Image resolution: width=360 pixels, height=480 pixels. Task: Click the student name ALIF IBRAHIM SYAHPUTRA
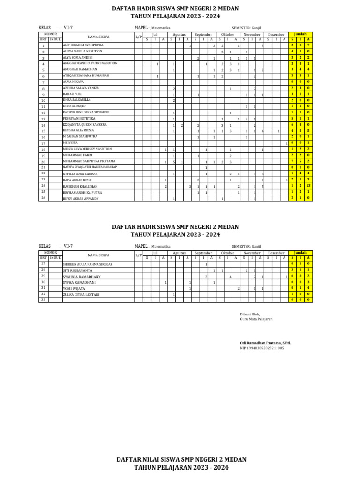pos(82,45)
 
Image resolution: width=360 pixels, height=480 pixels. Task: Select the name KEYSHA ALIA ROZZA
pos(79,131)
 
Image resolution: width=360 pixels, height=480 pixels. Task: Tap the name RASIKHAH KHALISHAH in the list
pos(80,186)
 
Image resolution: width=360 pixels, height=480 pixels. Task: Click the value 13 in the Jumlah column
pos(308,186)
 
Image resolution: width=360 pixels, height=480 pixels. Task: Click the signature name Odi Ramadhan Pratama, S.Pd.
pos(265,343)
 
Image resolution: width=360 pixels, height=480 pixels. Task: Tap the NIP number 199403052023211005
pos(262,348)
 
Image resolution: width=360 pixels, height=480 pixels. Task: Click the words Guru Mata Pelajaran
pos(256,319)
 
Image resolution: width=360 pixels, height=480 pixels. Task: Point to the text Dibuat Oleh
pos(249,314)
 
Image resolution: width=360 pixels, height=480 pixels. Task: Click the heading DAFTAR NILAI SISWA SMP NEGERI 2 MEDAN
pos(181,459)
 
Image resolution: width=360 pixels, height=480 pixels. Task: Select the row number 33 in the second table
pos(43,300)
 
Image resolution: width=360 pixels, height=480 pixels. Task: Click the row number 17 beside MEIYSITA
pos(43,143)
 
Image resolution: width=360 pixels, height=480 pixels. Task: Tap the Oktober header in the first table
pos(227,35)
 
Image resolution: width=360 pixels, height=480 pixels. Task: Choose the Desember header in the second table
pos(276,253)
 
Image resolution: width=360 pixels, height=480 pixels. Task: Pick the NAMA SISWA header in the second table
pos(98,255)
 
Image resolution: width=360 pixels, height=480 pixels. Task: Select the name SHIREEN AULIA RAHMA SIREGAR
pos(88,264)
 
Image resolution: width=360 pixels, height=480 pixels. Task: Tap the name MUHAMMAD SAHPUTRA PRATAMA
pos(89,161)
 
